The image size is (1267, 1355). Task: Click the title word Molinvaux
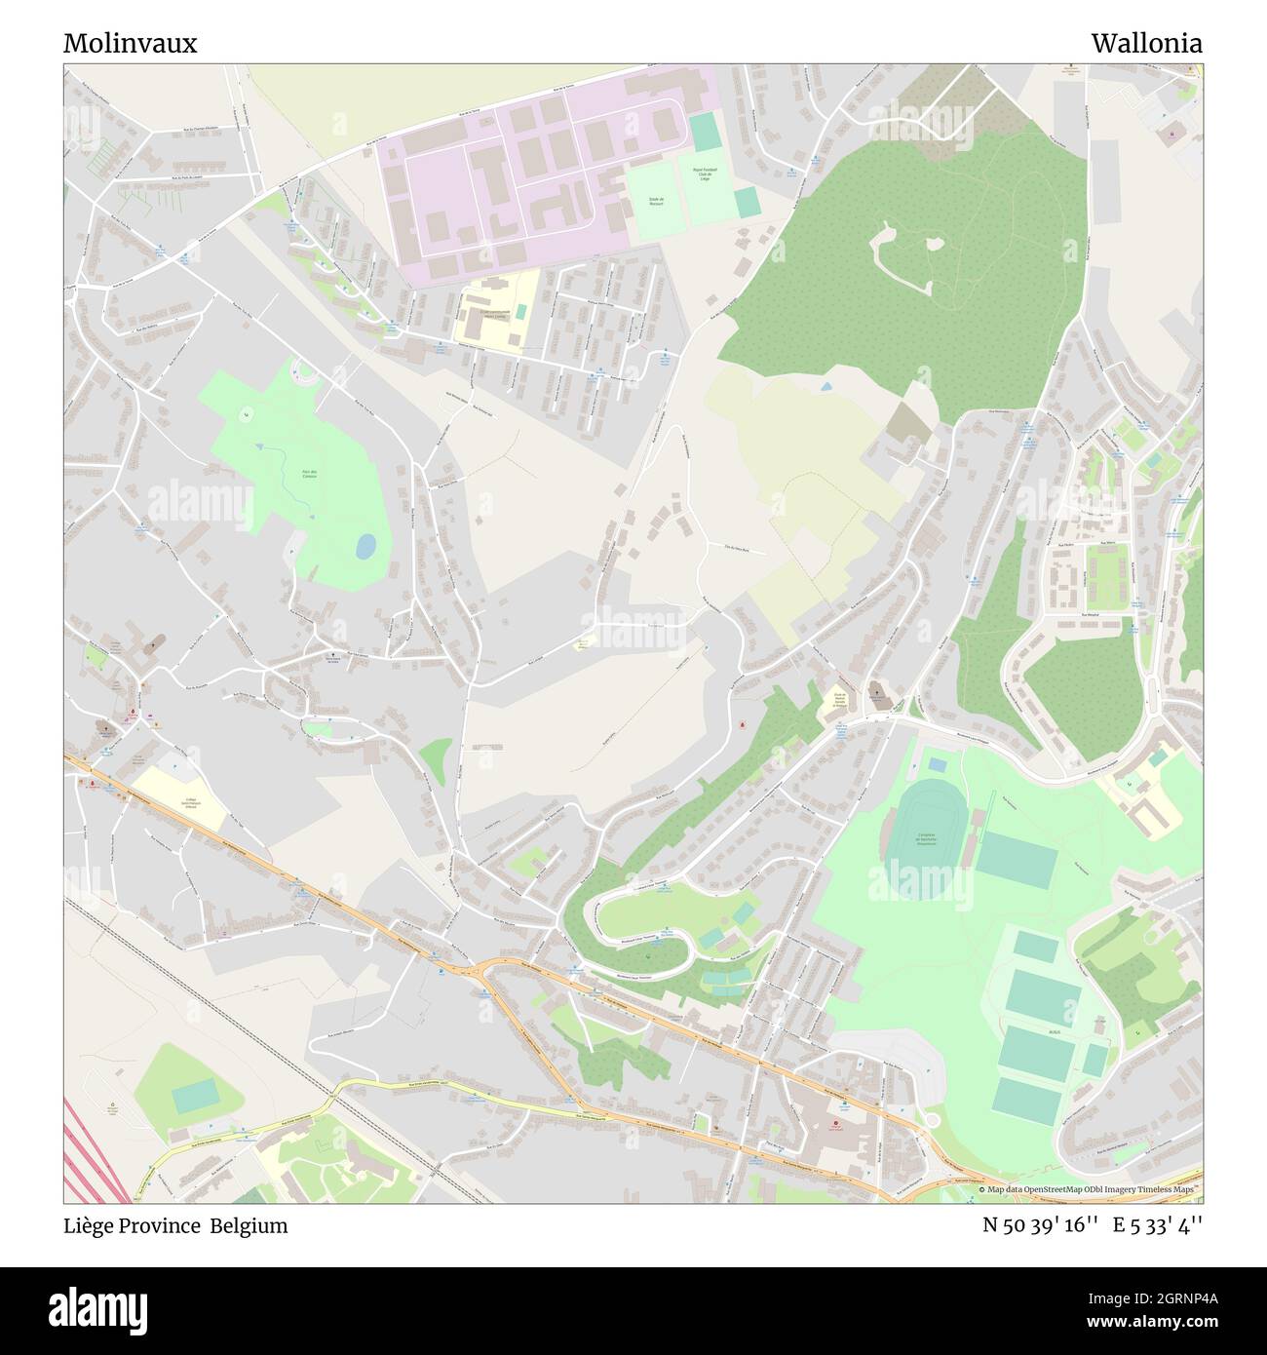130,43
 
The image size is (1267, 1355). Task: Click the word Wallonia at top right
1146,43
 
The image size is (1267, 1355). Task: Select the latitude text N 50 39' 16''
1041,1225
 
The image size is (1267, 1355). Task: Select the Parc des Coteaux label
308,475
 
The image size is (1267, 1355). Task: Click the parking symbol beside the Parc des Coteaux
291,552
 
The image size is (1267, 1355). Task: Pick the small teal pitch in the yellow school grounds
522,311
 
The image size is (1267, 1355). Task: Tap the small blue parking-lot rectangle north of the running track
937,764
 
